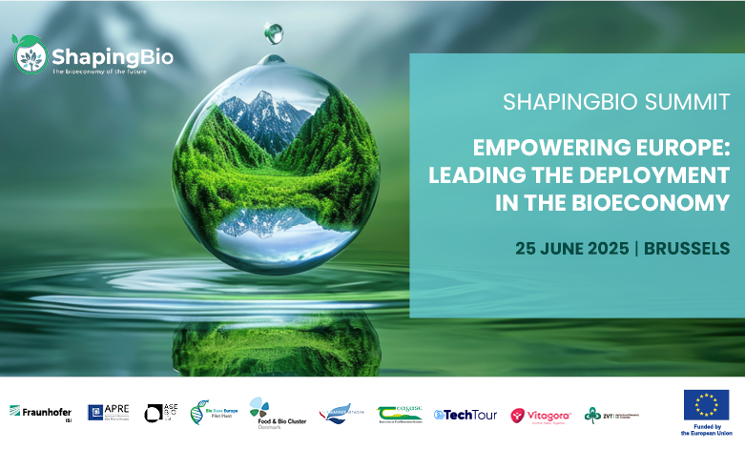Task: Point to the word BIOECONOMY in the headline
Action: click(659, 203)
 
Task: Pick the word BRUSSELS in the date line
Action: click(687, 249)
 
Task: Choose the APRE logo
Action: click(108, 412)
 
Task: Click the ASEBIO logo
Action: click(161, 413)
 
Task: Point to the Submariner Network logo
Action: click(341, 413)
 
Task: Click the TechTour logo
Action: click(466, 415)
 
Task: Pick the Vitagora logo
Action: click(540, 415)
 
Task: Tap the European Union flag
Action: click(706, 404)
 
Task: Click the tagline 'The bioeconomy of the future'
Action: click(99, 71)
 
